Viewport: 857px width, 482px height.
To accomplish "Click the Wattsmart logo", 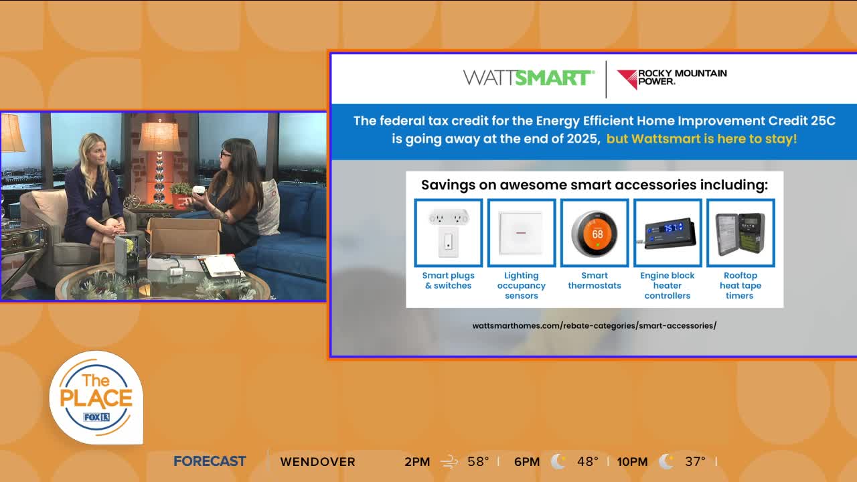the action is coord(529,78).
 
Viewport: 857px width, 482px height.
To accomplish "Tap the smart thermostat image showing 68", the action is coord(595,233).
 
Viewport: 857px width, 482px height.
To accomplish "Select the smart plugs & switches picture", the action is coord(449,233).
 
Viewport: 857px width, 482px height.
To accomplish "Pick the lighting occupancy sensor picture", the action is coord(522,233).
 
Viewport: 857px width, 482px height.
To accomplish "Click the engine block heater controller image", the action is coord(668,233).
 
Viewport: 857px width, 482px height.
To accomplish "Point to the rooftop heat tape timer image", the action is coord(741,233).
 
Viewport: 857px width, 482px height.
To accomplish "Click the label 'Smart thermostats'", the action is coord(595,280).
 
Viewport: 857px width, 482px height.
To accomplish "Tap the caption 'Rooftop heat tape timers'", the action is coord(741,285).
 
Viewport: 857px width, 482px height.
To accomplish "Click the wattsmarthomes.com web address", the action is coord(594,325).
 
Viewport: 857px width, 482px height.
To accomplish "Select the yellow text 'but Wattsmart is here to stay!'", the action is coord(702,139).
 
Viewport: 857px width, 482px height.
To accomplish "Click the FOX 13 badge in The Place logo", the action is coord(96,417).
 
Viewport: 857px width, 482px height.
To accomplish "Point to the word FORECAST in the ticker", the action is coord(210,461).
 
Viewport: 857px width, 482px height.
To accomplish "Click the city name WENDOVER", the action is coord(317,462).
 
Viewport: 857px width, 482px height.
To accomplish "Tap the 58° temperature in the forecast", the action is coord(478,461).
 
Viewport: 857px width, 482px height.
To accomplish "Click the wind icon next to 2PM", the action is coord(449,462).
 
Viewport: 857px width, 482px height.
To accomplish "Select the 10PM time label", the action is coord(632,462).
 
